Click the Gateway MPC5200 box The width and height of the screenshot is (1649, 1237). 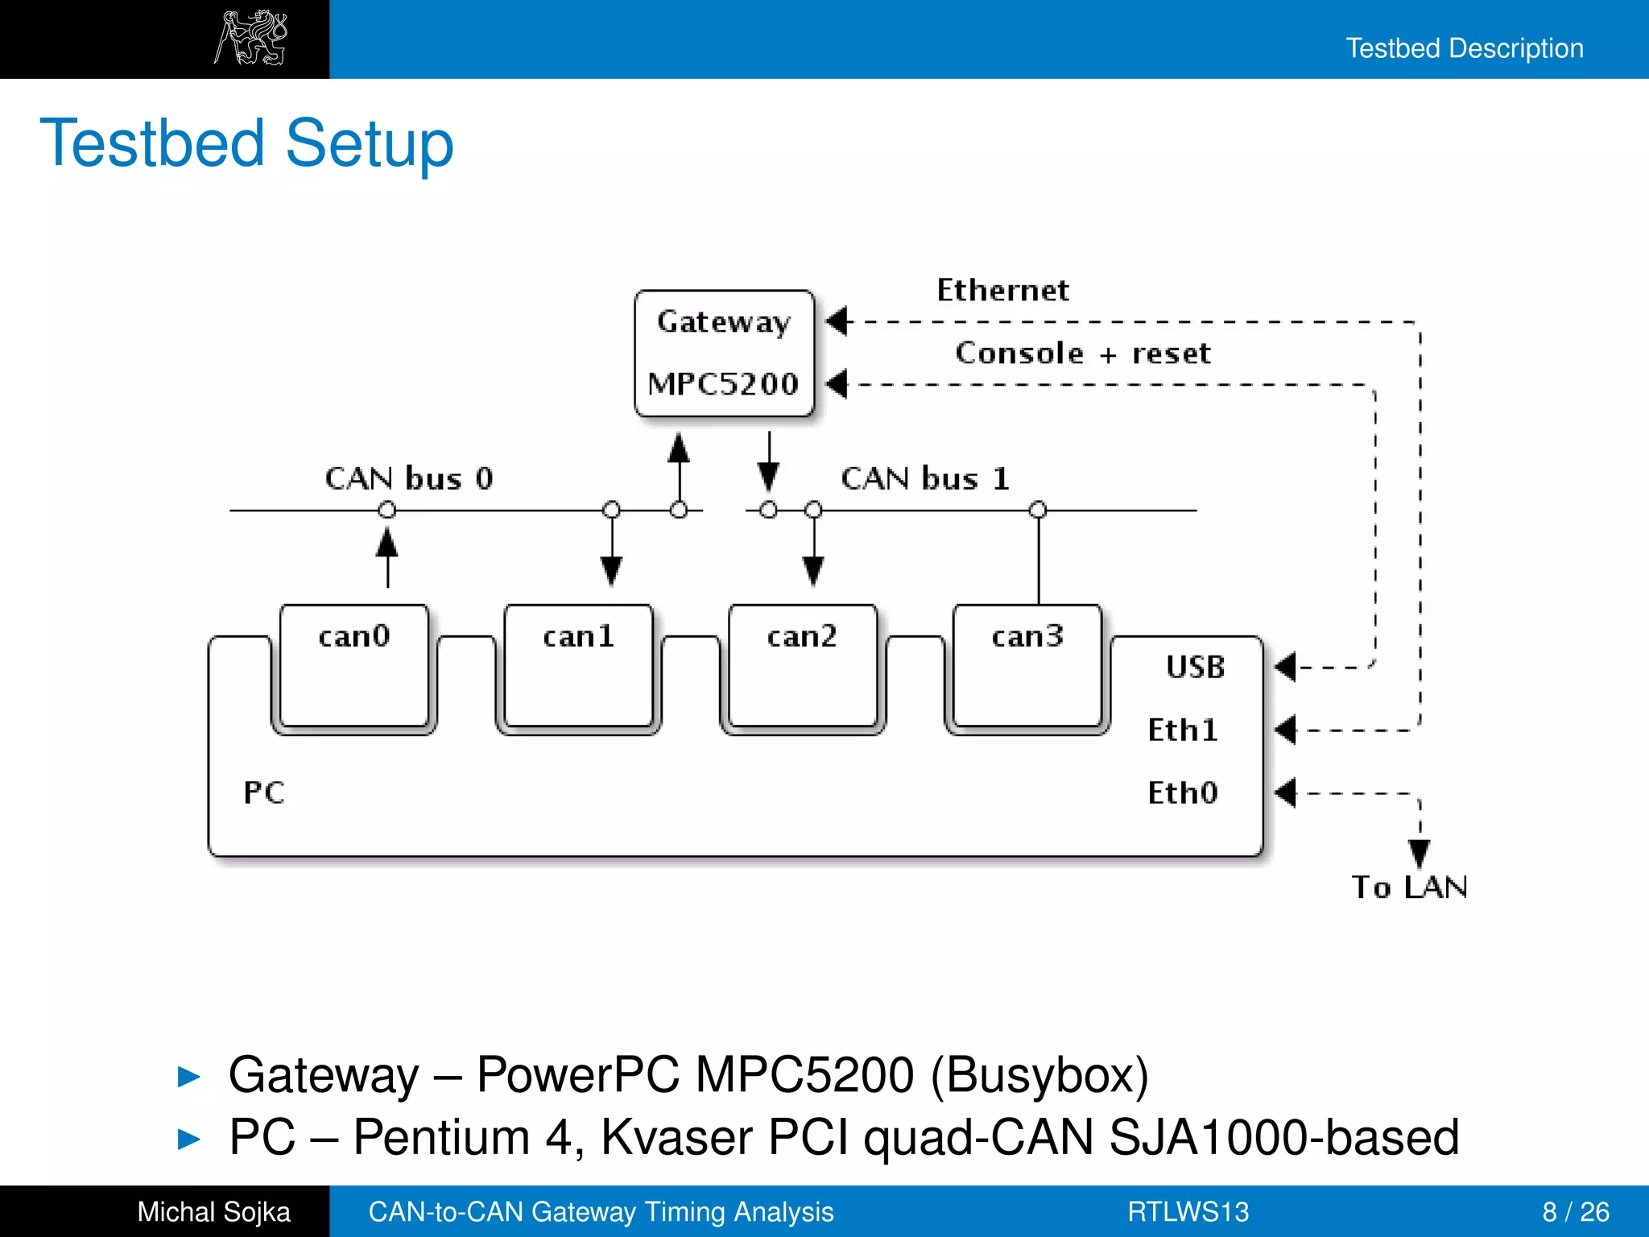point(724,353)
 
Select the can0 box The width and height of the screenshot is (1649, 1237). point(354,665)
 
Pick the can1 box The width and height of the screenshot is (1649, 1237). point(578,665)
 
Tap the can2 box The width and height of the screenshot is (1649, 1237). point(802,665)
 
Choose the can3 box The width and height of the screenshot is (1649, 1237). point(1027,665)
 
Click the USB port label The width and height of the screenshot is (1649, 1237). point(1195,667)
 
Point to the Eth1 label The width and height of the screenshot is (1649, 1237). point(1182,730)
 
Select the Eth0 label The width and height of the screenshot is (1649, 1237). point(1182,792)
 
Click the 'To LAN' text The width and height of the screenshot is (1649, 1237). point(1409,887)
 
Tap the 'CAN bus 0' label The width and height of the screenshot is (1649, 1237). point(408,478)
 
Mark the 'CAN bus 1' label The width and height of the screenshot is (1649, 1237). point(924,478)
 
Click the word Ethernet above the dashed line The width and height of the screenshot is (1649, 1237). point(1002,290)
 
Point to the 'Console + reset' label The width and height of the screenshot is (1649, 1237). point(1082,353)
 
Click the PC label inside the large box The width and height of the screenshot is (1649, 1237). point(264,792)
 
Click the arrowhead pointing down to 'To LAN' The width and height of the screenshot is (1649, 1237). point(1420,852)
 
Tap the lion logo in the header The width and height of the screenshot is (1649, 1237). point(251,38)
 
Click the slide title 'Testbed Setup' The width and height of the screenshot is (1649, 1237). point(246,143)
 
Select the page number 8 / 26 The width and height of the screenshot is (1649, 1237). point(1575,1211)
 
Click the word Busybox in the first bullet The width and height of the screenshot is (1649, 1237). point(1039,1074)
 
